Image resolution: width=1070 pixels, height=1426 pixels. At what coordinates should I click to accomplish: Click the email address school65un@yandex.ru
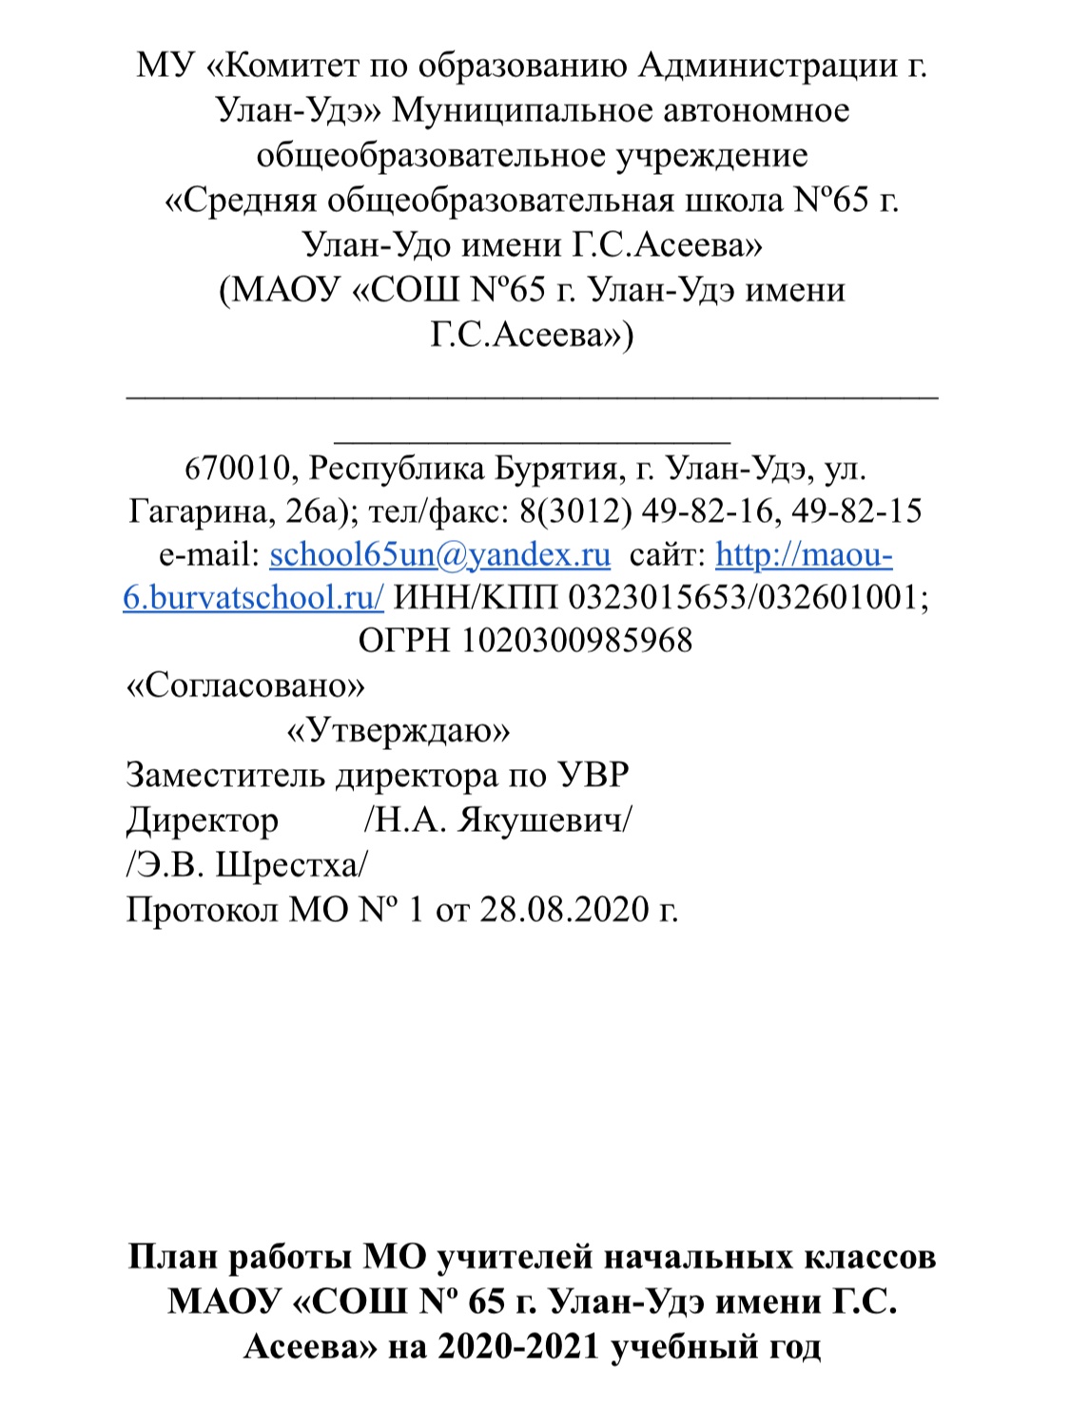tap(439, 554)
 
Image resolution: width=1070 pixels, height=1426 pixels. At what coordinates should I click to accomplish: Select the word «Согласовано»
tap(245, 685)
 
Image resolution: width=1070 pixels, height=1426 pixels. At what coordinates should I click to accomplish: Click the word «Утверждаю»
tap(399, 730)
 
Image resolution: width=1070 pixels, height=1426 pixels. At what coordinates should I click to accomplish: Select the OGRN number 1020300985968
tap(577, 640)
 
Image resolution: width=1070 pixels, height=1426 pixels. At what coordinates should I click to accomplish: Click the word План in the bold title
tap(173, 1257)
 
